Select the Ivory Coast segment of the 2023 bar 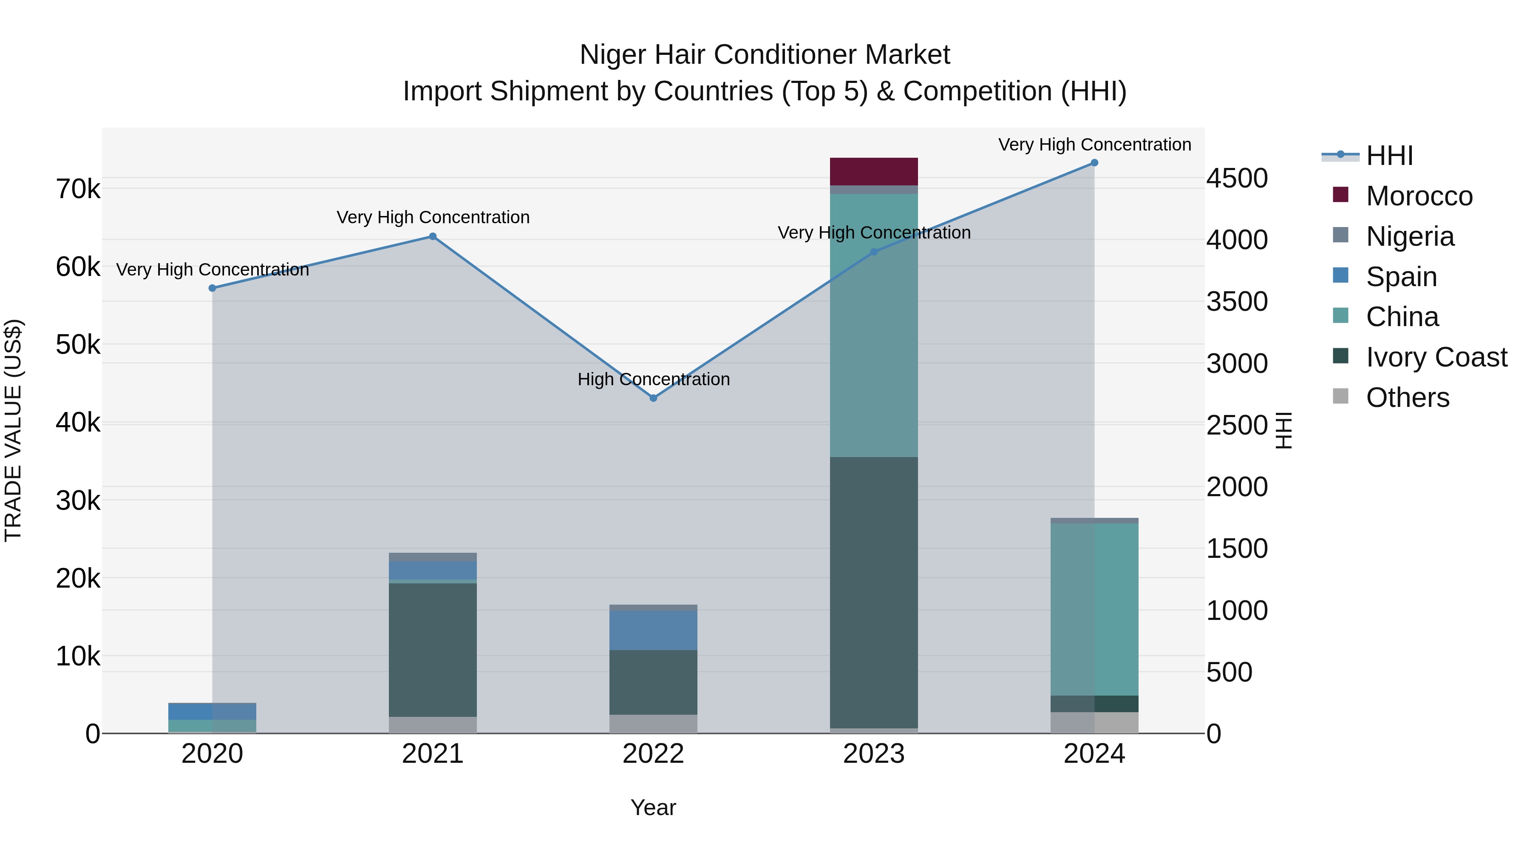pos(874,592)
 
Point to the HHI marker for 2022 pos(653,398)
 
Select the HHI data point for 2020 pos(212,288)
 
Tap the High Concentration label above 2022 pos(653,379)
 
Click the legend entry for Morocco pos(1419,196)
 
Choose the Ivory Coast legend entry pos(1436,357)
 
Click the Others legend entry pos(1407,398)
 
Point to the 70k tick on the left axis pos(78,190)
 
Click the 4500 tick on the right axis pos(1237,178)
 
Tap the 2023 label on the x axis pos(874,754)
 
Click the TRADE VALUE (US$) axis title pos(13,430)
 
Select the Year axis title pos(653,807)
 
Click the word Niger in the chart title pos(613,55)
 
